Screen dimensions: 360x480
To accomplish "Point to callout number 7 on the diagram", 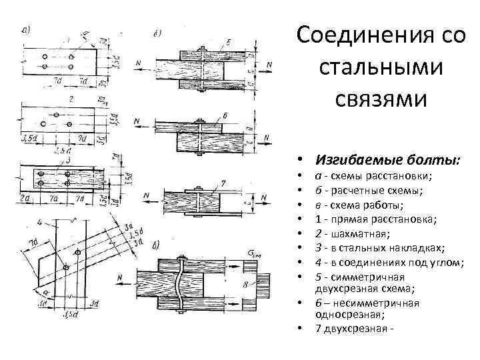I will (225, 181).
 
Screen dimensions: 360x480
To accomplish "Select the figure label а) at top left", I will (27, 30).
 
